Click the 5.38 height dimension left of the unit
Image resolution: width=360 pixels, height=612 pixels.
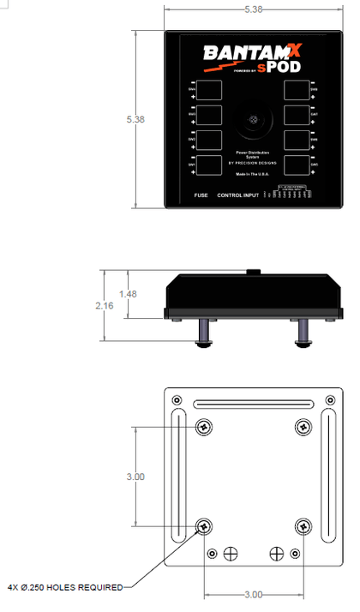coord(135,119)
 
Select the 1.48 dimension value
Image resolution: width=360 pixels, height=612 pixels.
coord(128,294)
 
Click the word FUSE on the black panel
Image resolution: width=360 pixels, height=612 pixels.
coord(201,196)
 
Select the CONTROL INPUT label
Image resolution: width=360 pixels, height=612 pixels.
coord(238,196)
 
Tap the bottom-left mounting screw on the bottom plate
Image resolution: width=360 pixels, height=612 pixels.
coord(204,526)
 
